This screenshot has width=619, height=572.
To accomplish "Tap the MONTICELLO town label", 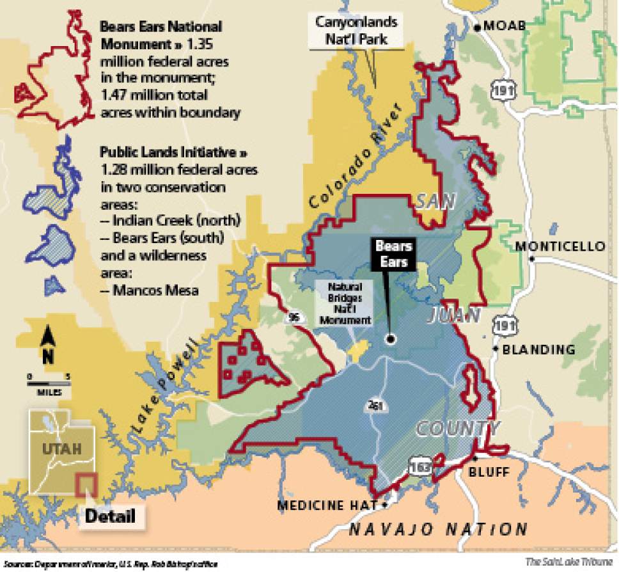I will pyautogui.click(x=560, y=246).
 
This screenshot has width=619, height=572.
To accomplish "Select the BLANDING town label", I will pyautogui.click(x=538, y=349).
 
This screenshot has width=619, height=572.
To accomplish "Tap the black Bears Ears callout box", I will pyautogui.click(x=392, y=254).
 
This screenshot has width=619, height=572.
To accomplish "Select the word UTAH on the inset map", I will pyautogui.click(x=62, y=449).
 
